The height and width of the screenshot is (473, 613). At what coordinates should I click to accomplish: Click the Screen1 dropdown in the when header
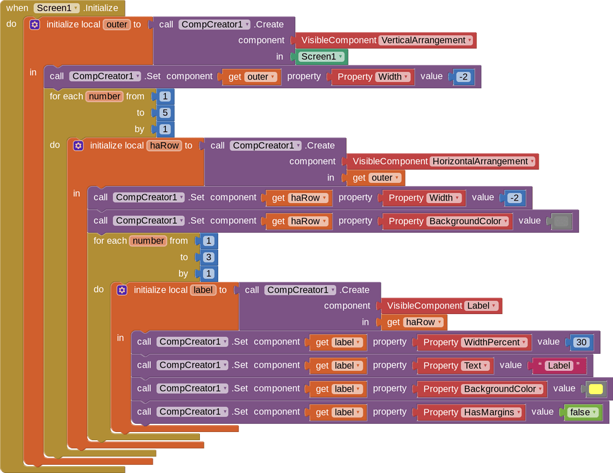(x=56, y=8)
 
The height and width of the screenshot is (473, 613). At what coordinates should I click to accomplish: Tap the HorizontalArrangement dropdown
(x=483, y=161)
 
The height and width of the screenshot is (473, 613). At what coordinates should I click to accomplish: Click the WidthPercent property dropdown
(x=494, y=342)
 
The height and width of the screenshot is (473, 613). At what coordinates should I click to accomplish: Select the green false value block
(x=582, y=412)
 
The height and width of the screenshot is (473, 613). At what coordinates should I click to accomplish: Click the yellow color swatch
(x=595, y=389)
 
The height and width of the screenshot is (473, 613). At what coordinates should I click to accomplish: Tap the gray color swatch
(x=561, y=221)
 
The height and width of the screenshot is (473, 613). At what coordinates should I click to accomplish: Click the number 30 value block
(x=581, y=342)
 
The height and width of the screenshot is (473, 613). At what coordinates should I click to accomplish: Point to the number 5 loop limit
(x=165, y=113)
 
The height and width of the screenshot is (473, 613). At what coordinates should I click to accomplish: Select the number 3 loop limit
(x=208, y=257)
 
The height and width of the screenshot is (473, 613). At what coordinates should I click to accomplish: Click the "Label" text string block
(x=559, y=366)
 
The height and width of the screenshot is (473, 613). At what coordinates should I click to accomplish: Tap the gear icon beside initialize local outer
(x=35, y=25)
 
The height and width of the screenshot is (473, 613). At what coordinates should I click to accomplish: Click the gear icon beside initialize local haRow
(x=78, y=146)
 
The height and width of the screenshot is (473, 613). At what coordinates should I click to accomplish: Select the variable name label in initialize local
(x=204, y=290)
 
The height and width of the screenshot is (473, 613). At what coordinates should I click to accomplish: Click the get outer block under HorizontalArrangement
(x=376, y=178)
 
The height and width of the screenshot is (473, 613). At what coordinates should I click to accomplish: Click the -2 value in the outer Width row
(x=463, y=77)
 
